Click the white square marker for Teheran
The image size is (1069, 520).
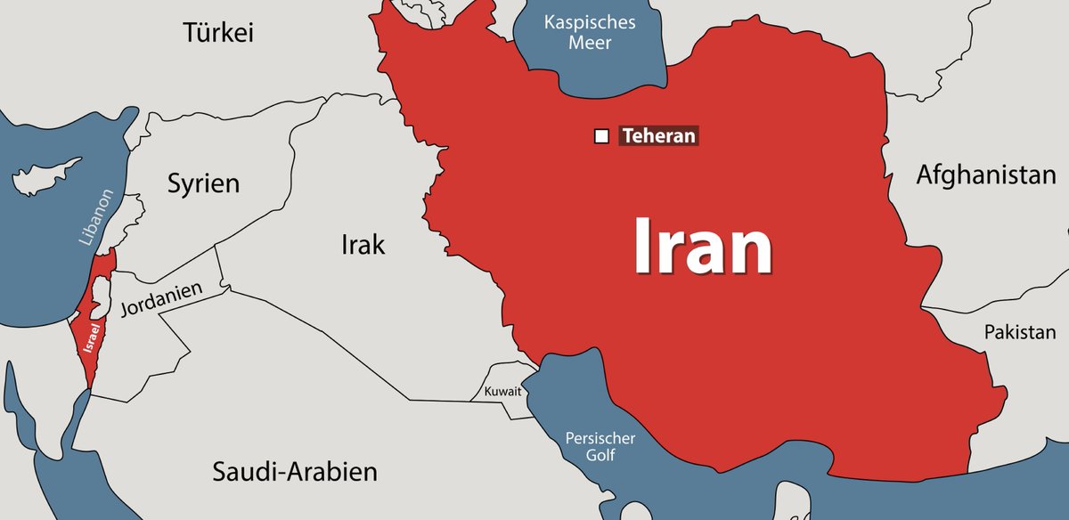point(601,136)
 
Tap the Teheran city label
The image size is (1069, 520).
point(657,136)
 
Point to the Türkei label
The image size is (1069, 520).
point(219,34)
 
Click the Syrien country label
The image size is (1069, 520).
point(204,184)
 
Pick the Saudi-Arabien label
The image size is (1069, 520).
point(295,471)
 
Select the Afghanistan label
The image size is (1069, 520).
point(986,175)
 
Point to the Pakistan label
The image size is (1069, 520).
point(1019,332)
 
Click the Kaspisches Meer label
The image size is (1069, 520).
point(590,31)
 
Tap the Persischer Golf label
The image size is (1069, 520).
point(600,447)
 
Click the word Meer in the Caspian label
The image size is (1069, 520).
point(590,42)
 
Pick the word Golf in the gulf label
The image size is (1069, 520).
point(601,456)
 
